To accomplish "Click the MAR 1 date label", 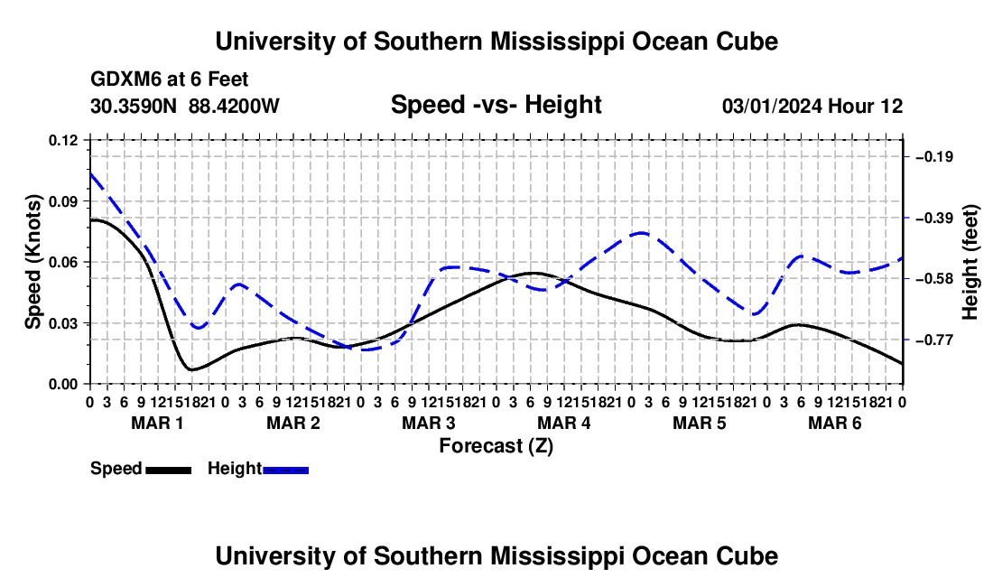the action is [157, 423].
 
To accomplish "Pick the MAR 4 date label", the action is [563, 423].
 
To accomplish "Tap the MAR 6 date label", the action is [835, 423].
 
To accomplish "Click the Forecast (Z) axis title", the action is [496, 446].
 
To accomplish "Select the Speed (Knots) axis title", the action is [32, 262].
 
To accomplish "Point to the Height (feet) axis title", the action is [970, 262].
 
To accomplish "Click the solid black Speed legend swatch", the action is [169, 470].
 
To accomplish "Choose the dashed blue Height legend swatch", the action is [285, 470].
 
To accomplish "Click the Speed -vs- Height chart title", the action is [496, 105].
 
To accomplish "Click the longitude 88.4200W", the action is [234, 106].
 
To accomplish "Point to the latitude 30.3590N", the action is [134, 106].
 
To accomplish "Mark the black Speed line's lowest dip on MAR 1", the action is [191, 369].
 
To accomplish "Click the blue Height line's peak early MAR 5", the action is [641, 233].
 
